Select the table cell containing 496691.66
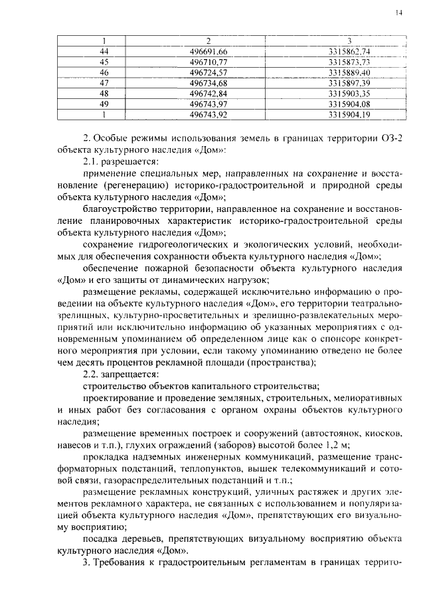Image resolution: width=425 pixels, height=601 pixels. point(208,51)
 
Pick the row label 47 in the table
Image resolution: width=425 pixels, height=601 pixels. point(104,82)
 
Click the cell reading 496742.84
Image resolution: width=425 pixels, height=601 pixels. point(208,93)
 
